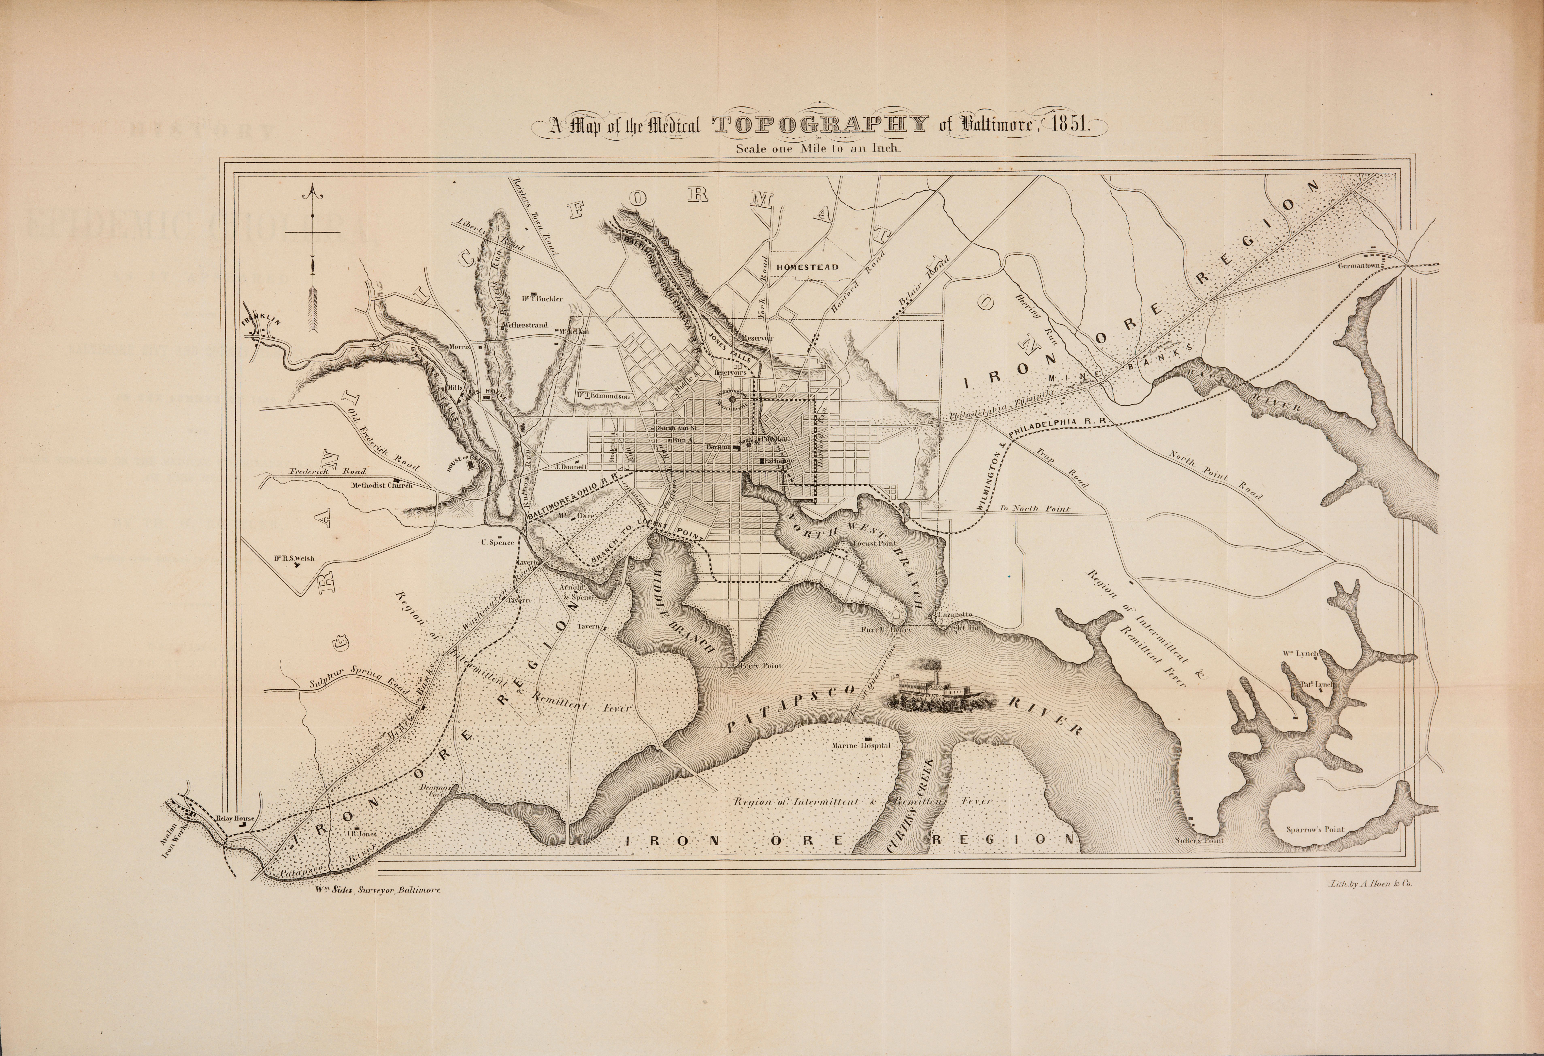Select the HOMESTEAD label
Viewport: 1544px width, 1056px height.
coord(807,267)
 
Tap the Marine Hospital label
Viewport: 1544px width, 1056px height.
coord(861,746)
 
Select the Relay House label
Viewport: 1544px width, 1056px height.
coord(235,819)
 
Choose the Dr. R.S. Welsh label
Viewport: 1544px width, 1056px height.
coord(293,558)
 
